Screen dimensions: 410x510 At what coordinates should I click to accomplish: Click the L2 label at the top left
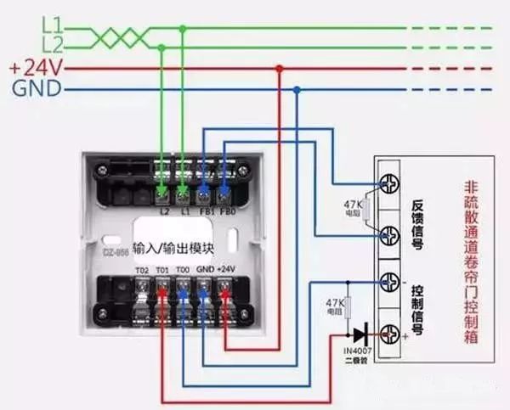click(50, 44)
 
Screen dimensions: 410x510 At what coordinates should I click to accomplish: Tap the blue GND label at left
click(36, 88)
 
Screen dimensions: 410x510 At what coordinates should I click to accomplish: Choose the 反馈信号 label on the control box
click(418, 222)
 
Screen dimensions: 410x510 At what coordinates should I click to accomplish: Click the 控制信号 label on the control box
click(418, 306)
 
